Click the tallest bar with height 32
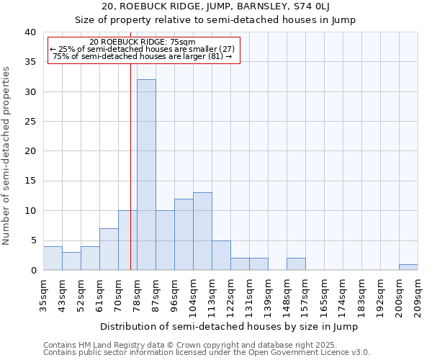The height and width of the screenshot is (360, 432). point(146,175)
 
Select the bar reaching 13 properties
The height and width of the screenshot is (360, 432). point(202,231)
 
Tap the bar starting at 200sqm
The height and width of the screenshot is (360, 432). point(408,267)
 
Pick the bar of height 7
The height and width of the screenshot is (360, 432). point(109,249)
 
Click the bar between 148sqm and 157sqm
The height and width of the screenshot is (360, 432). point(296,264)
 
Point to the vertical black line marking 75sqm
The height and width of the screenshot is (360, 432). point(130,166)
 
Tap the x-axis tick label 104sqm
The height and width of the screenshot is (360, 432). point(193,294)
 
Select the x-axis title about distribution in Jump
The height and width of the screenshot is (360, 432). point(229,326)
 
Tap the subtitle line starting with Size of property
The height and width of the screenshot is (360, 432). point(216,19)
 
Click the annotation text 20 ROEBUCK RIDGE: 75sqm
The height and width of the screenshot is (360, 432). point(142,42)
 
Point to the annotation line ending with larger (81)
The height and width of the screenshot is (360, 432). point(143,56)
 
